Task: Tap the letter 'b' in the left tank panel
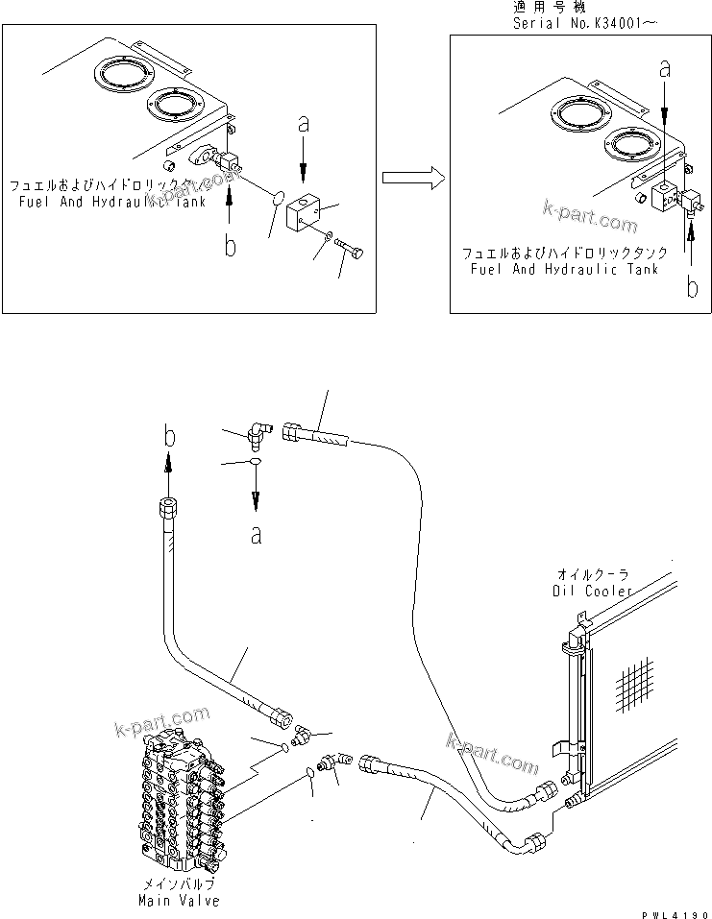pyautogui.click(x=230, y=247)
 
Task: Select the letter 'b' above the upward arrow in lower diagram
pyautogui.click(x=168, y=437)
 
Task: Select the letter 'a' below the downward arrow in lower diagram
pyautogui.click(x=257, y=534)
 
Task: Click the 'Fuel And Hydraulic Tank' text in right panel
pyautogui.click(x=565, y=271)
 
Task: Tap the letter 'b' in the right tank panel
pyautogui.click(x=692, y=285)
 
